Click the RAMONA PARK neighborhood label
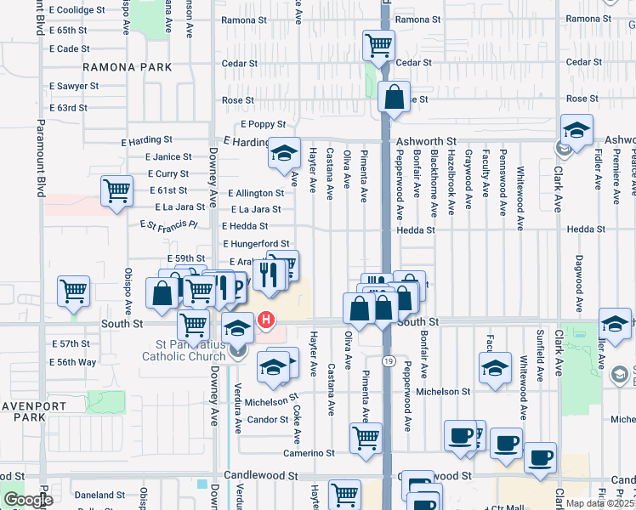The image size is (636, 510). [x=127, y=67]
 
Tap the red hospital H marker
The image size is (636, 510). [x=267, y=320]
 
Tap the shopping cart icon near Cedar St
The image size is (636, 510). [x=378, y=45]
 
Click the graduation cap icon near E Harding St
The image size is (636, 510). [x=284, y=154]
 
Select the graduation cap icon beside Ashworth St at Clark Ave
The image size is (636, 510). [x=576, y=130]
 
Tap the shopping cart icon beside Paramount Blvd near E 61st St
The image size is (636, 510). [x=116, y=190]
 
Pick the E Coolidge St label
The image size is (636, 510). [x=77, y=10]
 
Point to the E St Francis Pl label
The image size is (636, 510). [x=168, y=225]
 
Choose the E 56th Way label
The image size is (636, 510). [x=71, y=362]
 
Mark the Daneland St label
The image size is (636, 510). [x=99, y=495]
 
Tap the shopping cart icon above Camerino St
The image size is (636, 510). [x=366, y=438]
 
